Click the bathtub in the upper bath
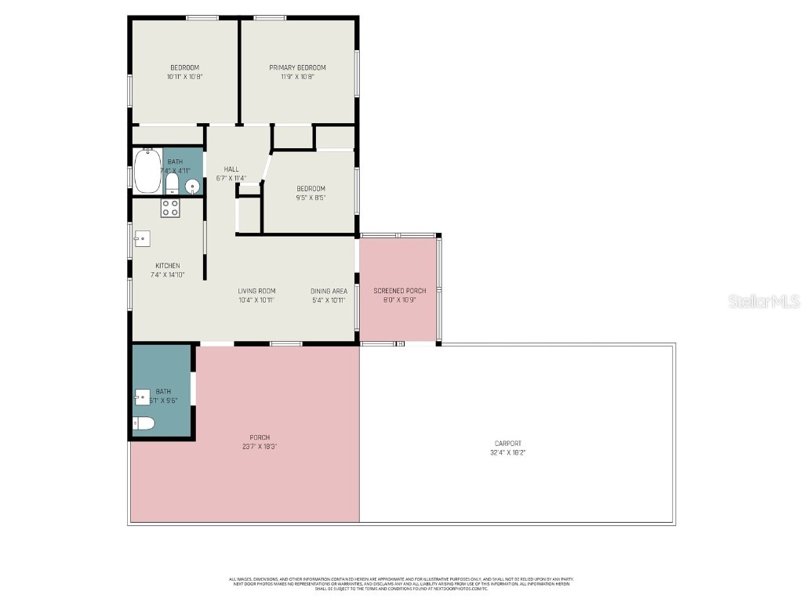coord(147,171)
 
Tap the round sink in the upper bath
coord(191,186)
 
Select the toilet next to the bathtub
coord(173,183)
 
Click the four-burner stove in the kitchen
coord(170,208)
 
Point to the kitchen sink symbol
coord(142,238)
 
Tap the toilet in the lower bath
coord(144,423)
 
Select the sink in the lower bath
coord(142,397)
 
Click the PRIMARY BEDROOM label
coord(297,67)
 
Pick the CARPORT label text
coord(507,444)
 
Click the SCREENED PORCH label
coord(399,291)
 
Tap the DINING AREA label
coord(329,291)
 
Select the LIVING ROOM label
coord(256,291)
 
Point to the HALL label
coord(231,169)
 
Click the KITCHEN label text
coord(167,266)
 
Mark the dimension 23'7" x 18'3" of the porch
coord(260,446)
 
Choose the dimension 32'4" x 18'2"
coord(507,452)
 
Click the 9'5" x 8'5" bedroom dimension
coord(311,198)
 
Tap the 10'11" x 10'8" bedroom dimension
coord(184,77)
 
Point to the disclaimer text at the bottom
coord(401,583)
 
